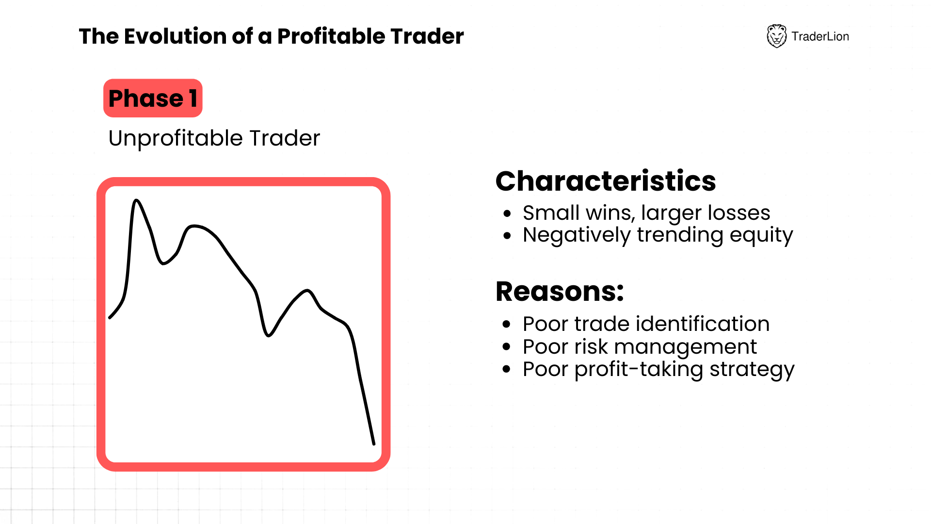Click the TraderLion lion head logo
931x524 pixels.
click(776, 36)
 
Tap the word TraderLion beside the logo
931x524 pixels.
click(820, 36)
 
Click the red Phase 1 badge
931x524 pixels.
click(153, 98)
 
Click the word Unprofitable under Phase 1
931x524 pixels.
click(176, 139)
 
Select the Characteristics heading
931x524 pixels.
click(606, 181)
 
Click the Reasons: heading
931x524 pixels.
click(560, 292)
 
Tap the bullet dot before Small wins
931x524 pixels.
click(507, 213)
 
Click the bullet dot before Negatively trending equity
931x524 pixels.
click(507, 236)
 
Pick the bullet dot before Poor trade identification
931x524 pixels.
click(507, 324)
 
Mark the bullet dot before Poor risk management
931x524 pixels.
click(507, 346)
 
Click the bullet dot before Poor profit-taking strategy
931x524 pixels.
click(507, 369)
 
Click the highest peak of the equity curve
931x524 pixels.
click(136, 200)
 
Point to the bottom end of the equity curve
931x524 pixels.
click(374, 443)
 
